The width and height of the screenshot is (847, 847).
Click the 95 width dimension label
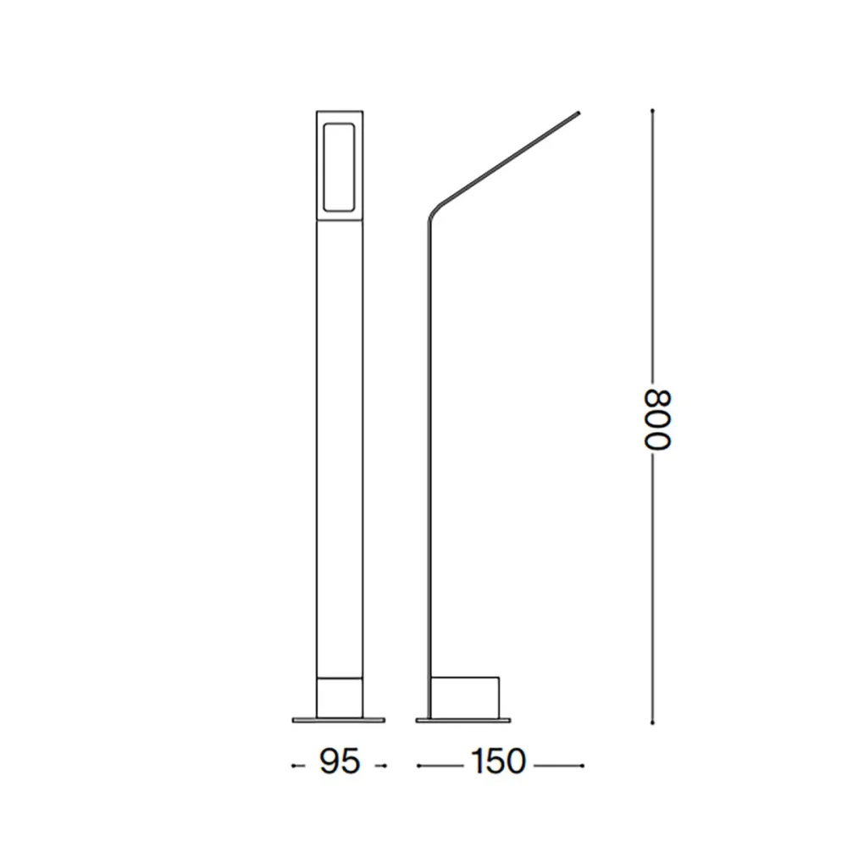click(340, 762)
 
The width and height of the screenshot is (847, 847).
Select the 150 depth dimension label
click(499, 762)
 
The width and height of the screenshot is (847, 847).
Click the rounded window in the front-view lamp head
click(339, 166)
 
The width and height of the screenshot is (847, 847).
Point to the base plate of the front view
click(339, 720)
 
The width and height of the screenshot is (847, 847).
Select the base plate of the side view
click(463, 720)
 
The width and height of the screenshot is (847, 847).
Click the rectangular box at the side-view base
click(465, 696)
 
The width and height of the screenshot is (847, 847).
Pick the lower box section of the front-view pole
click(339, 696)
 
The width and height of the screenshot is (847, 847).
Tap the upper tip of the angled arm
click(579, 112)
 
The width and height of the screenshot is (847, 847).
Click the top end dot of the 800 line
click(652, 110)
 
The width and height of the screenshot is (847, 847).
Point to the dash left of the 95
click(296, 766)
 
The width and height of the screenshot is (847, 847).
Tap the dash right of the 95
click(382, 766)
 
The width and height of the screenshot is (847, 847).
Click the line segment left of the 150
click(440, 766)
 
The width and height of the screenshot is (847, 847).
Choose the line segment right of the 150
click(559, 766)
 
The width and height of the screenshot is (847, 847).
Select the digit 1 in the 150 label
click(478, 762)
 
